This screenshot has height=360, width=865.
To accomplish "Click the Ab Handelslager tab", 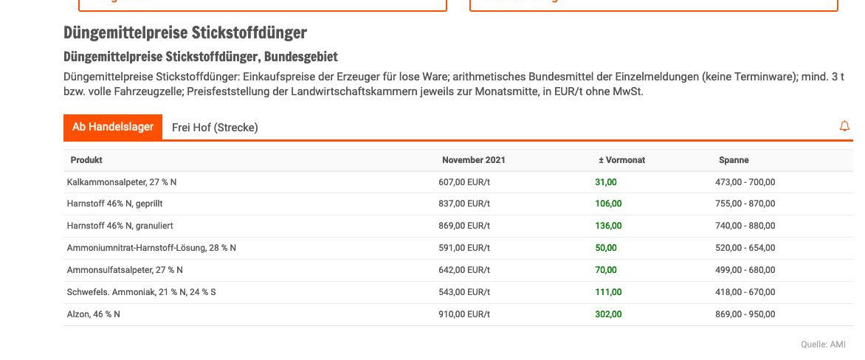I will (112, 127).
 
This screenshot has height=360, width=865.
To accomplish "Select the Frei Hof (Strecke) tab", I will (215, 128).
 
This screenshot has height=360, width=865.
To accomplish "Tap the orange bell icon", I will (844, 127).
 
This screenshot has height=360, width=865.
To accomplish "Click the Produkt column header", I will (86, 160).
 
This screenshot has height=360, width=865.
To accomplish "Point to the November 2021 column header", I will (473, 160).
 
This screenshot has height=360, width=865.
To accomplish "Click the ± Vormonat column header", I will (621, 160).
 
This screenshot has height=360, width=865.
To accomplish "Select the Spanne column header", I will (734, 160).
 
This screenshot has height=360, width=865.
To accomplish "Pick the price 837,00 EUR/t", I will (464, 204).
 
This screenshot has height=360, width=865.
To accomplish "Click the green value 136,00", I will (608, 226).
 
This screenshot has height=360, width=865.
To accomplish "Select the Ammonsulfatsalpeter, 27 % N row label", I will (125, 270).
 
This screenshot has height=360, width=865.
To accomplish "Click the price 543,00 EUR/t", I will (464, 292).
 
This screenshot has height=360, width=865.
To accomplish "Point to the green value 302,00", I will (608, 314).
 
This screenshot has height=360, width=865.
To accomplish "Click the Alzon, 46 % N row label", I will (94, 314).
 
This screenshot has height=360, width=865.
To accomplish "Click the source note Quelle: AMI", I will (823, 345).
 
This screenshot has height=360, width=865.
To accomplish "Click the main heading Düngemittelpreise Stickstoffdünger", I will (185, 33).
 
